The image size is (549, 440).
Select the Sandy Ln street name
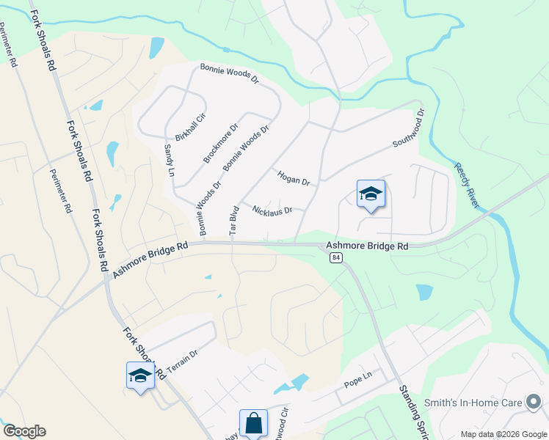[x=169, y=161]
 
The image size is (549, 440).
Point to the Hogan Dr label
[x=294, y=177]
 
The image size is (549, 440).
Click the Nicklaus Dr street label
[x=272, y=210]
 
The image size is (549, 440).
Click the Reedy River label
[x=468, y=185]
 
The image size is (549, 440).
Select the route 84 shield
[x=336, y=257]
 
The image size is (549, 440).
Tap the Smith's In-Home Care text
[x=473, y=403]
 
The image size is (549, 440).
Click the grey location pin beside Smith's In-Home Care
[x=534, y=402]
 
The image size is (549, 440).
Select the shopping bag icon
[x=253, y=423]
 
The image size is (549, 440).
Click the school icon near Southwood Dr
[x=371, y=194]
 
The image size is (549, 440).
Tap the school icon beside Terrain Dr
[x=140, y=375]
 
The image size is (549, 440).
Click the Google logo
[x=23, y=431]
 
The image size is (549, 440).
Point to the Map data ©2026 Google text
[x=503, y=434]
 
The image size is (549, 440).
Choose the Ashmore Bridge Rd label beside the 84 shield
[x=367, y=247]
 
